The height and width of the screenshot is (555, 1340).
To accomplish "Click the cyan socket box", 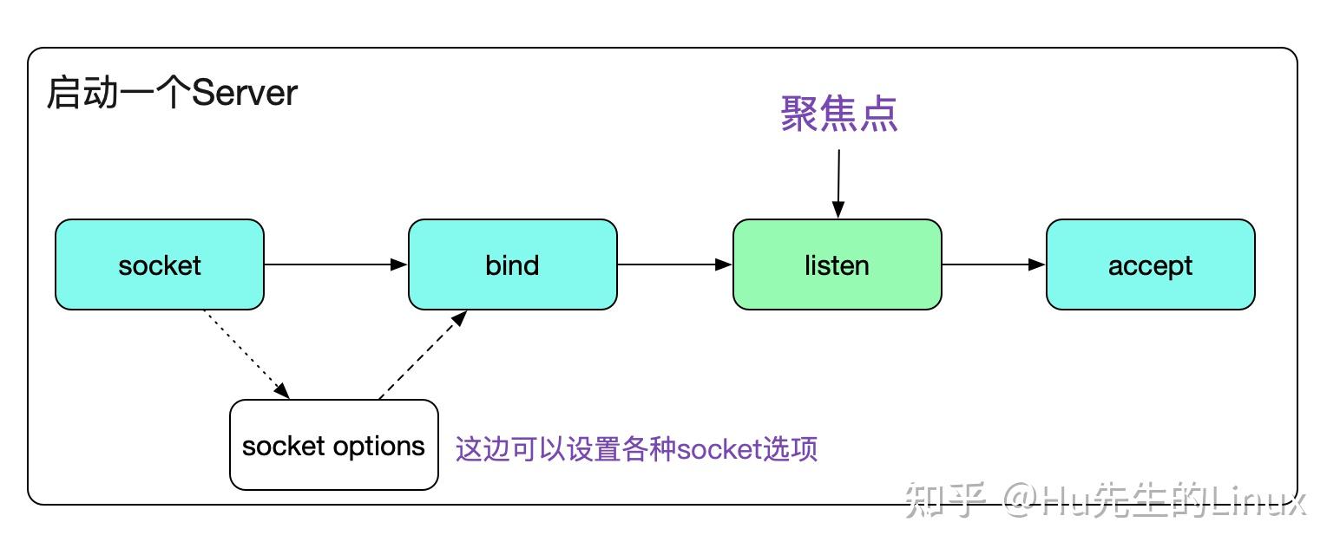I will pyautogui.click(x=160, y=264).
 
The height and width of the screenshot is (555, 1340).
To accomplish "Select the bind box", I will pyautogui.click(x=512, y=264).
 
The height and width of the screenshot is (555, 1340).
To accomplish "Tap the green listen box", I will pyautogui.click(x=837, y=264).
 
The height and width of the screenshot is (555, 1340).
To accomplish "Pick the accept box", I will pyautogui.click(x=1150, y=264).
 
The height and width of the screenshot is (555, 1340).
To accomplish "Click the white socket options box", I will pyautogui.click(x=333, y=445).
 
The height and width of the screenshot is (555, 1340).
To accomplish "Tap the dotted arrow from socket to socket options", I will pyautogui.click(x=246, y=354).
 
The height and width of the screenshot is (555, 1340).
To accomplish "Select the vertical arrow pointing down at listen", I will pyautogui.click(x=838, y=183).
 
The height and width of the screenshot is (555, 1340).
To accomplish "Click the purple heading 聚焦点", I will pyautogui.click(x=838, y=114).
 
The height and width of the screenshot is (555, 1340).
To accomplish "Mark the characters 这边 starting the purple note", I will pyautogui.click(x=482, y=449).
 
